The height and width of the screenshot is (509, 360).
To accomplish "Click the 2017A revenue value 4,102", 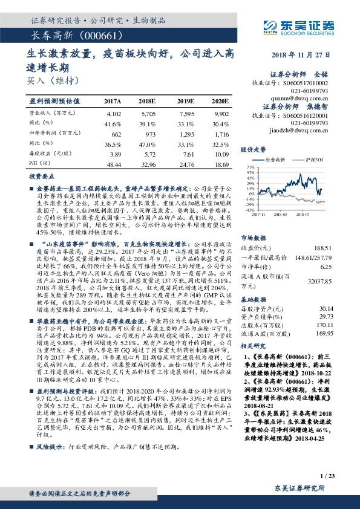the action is (x=113, y=113).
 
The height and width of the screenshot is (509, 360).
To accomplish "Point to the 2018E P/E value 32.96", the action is (x=148, y=164).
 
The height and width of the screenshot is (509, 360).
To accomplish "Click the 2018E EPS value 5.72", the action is (x=148, y=154).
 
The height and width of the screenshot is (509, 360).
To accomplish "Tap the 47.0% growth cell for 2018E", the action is (x=148, y=144).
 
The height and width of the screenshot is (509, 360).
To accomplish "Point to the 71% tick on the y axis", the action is (x=249, y=166).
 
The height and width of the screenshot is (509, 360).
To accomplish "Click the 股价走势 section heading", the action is (x=253, y=149).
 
